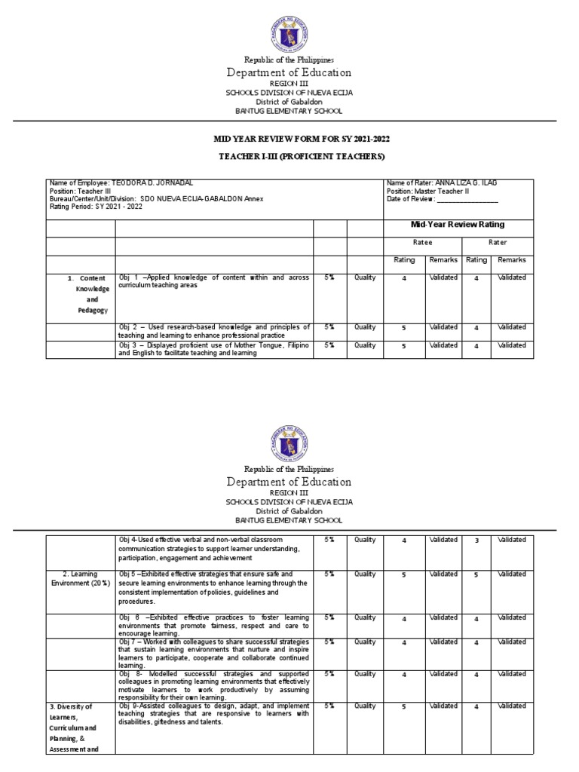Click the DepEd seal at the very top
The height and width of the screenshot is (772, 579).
pos(289,29)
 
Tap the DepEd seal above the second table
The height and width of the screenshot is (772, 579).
pos(289,440)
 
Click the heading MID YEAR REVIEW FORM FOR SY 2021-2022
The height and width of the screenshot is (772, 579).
pos(289,139)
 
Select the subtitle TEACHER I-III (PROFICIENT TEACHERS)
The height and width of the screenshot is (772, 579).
pos(289,156)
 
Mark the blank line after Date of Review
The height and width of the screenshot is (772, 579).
pos(467,199)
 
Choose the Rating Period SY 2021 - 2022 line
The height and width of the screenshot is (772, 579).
pos(93,207)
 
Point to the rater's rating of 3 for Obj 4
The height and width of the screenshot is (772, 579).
pos(476,541)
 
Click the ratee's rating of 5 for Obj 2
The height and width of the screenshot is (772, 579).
pos(403,328)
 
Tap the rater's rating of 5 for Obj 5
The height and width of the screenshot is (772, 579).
pos(476,575)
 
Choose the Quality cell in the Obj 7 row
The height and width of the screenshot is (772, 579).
pos(365,642)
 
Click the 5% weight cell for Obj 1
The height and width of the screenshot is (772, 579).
pos(329,277)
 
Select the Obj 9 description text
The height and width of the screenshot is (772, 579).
pos(214,713)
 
